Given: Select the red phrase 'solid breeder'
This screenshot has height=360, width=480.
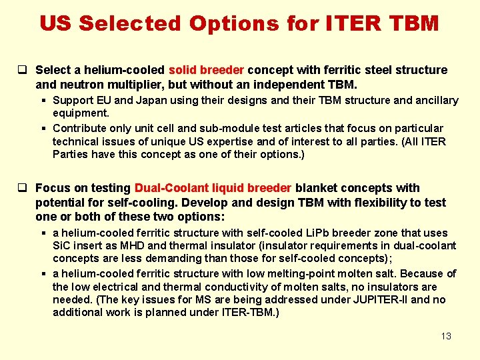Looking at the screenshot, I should click(x=207, y=70).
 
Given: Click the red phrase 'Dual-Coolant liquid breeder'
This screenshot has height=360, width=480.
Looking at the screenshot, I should click(x=213, y=188).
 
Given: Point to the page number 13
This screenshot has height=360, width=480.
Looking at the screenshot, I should click(x=446, y=336).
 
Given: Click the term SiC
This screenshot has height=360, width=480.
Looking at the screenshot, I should click(x=62, y=246).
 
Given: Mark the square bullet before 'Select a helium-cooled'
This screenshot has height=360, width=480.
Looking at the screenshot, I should click(x=22, y=70).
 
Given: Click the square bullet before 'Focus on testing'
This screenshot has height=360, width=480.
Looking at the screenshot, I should click(x=22, y=188).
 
